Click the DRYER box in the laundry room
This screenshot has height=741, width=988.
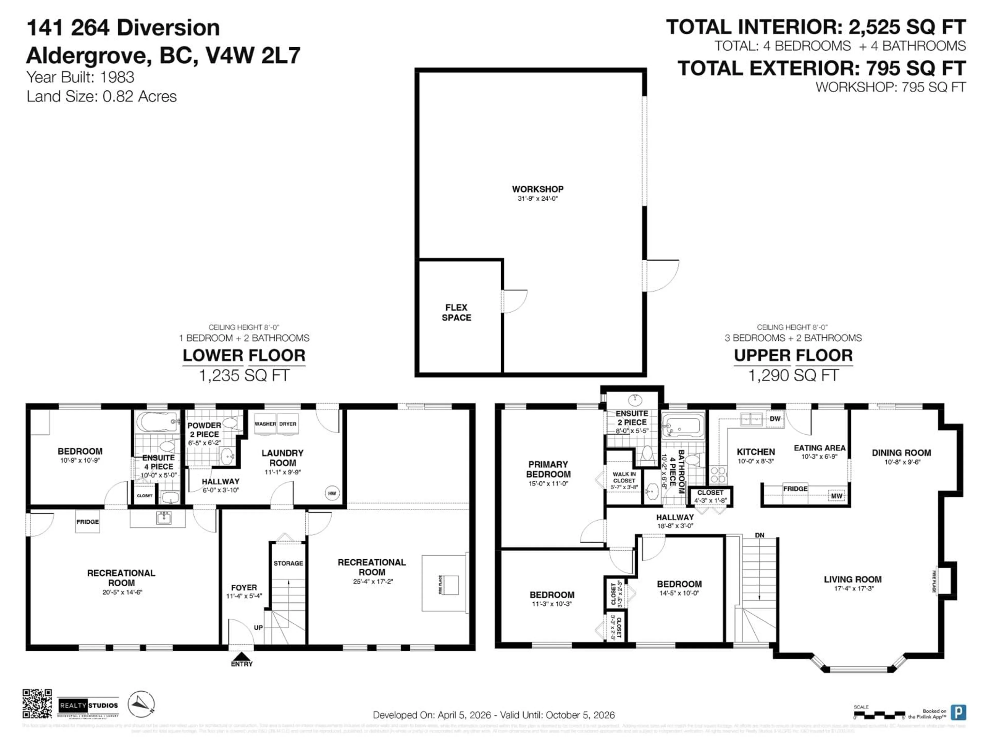pyautogui.click(x=288, y=424)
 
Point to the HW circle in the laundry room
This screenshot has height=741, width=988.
pyautogui.click(x=332, y=493)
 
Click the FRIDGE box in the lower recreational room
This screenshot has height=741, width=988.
pyautogui.click(x=87, y=522)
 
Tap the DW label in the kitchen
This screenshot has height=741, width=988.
pyautogui.click(x=775, y=419)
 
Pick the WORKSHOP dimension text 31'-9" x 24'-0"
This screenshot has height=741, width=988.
pyautogui.click(x=538, y=198)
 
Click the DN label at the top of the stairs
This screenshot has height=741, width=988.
pyautogui.click(x=759, y=535)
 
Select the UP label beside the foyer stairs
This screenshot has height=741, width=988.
pyautogui.click(x=258, y=628)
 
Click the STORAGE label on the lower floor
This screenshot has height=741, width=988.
pyautogui.click(x=288, y=563)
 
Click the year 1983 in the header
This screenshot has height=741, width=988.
pyautogui.click(x=117, y=77)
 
